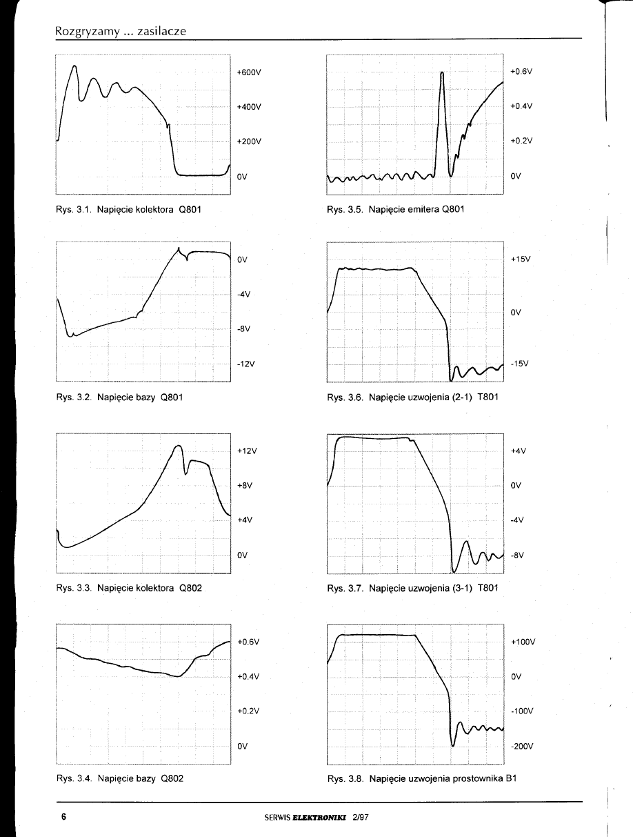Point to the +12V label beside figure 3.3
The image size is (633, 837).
click(x=246, y=451)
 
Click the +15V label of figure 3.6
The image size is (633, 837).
click(x=519, y=259)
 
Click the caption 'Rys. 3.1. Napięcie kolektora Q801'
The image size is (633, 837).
click(x=128, y=209)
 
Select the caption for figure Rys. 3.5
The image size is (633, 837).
click(x=396, y=209)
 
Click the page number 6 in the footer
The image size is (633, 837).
click(x=63, y=817)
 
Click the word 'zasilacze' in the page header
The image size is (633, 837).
click(x=157, y=31)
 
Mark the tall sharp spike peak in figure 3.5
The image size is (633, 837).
click(x=442, y=73)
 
